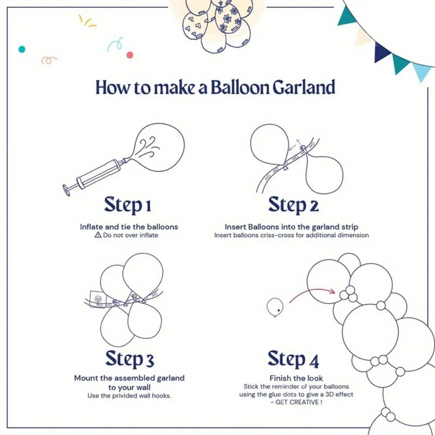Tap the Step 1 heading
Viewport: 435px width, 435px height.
(x=127, y=205)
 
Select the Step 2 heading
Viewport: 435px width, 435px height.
(x=293, y=205)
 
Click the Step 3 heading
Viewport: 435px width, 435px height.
(x=129, y=359)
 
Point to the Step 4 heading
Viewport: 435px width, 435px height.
(x=293, y=359)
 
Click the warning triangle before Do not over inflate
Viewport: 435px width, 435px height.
(x=97, y=235)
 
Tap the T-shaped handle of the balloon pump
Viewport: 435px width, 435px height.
(x=67, y=190)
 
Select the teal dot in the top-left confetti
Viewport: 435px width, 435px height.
(x=21, y=49)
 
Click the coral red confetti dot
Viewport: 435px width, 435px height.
(x=129, y=55)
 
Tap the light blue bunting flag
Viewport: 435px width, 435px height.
(x=422, y=72)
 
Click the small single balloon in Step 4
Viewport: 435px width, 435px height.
(x=275, y=306)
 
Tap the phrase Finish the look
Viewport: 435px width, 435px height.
(x=296, y=378)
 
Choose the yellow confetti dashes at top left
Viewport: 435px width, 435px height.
(x=87, y=21)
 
